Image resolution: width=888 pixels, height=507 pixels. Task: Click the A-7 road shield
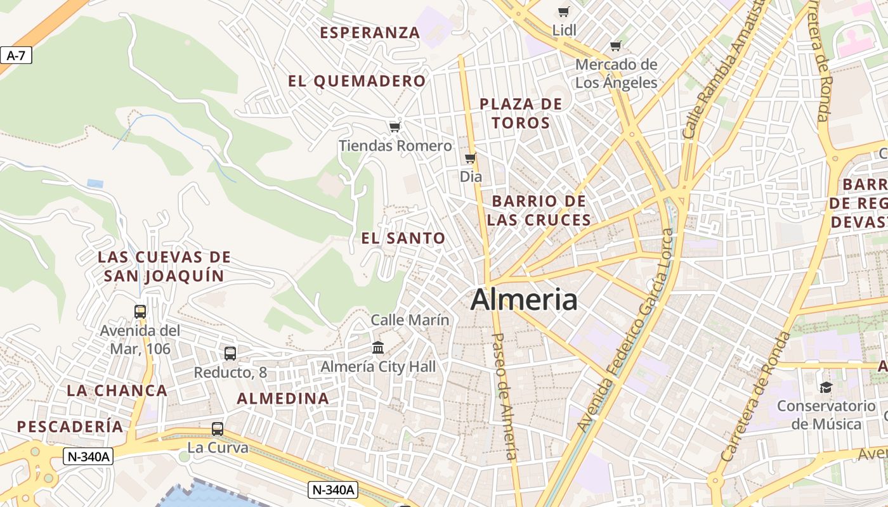coord(16,56)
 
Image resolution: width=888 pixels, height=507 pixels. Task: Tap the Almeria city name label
coord(524,299)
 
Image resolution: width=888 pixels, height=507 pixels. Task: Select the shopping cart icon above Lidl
coord(563,11)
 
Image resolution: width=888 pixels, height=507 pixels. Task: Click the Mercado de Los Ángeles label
coord(616,74)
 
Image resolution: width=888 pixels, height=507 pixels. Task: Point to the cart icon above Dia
coord(470,158)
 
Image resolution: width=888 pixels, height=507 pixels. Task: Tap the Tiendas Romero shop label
coord(395,146)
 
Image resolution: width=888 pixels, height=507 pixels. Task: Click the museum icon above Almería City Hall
coord(378,347)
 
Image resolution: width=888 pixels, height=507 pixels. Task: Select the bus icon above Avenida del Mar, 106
coord(140,311)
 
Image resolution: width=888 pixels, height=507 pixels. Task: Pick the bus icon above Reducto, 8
coord(230,353)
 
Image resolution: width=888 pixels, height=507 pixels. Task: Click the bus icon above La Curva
coord(218,429)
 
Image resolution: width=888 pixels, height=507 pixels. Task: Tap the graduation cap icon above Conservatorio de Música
coord(825,387)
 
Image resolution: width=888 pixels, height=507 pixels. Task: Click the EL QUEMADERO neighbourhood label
coord(356,81)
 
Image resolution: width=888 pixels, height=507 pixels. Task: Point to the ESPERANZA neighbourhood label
coord(370,32)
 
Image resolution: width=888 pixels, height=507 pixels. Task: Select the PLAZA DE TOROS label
coord(521,113)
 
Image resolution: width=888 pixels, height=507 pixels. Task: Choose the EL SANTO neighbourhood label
coord(403,238)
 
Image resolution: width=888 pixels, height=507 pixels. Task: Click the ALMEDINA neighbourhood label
coord(283,399)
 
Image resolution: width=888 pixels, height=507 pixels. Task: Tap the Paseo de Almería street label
coord(506,396)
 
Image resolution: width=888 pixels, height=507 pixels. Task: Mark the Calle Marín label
coord(410,320)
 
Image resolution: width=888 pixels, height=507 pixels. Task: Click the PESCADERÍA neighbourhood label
coord(70,427)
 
